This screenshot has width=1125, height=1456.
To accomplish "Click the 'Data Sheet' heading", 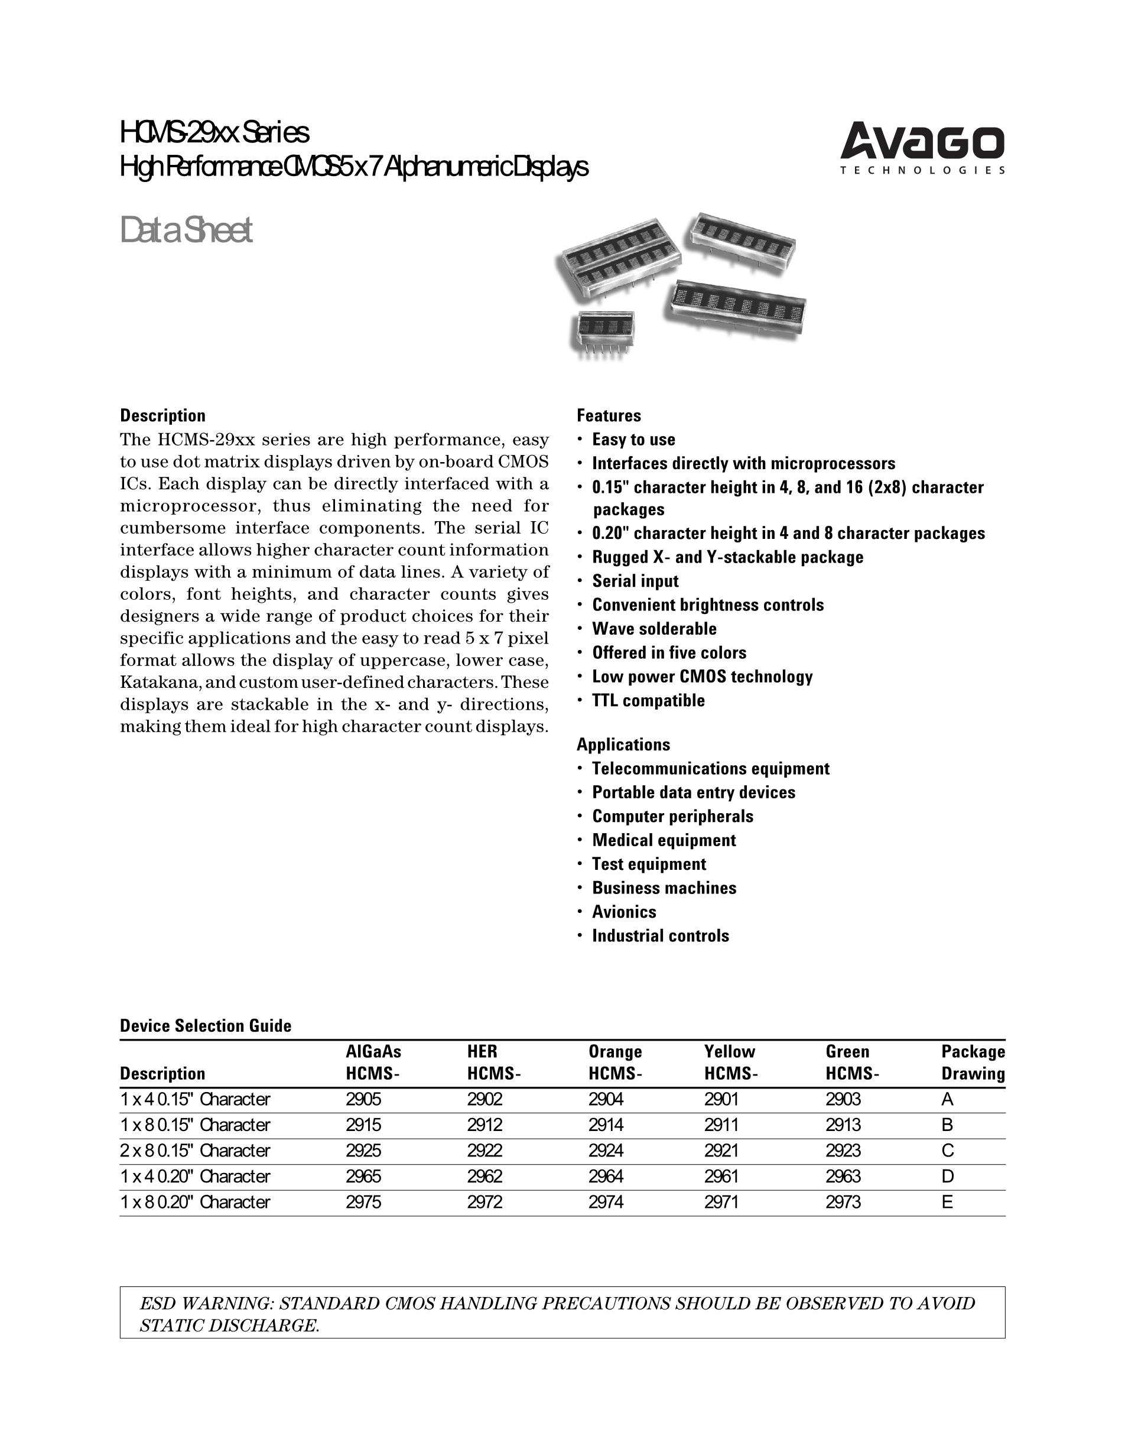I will click(x=186, y=230).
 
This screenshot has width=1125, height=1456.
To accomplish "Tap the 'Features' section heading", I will click(x=609, y=415).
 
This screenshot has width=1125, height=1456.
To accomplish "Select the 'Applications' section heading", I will click(x=623, y=744).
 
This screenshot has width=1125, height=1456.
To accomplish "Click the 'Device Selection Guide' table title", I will click(x=205, y=1025).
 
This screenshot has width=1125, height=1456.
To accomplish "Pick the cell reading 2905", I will click(x=363, y=1099).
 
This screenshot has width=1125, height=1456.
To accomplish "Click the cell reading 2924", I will click(x=605, y=1150).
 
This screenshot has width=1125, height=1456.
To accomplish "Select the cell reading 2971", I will click(x=721, y=1202).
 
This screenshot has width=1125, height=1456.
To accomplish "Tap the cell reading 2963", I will click(x=843, y=1176).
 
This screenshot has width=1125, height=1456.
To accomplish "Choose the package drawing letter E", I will click(x=947, y=1202).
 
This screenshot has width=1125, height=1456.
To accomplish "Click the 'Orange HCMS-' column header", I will click(x=615, y=1062).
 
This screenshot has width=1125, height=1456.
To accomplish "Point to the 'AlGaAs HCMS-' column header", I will click(x=373, y=1062).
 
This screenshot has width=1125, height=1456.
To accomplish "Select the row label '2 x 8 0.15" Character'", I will click(x=195, y=1150).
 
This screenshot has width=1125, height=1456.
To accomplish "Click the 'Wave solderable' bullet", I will click(x=654, y=629).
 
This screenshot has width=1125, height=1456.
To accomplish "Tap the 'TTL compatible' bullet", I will click(x=648, y=700).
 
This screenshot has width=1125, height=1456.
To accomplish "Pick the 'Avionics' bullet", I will click(x=624, y=911).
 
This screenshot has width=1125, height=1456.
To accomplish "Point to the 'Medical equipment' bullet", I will click(x=664, y=840).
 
